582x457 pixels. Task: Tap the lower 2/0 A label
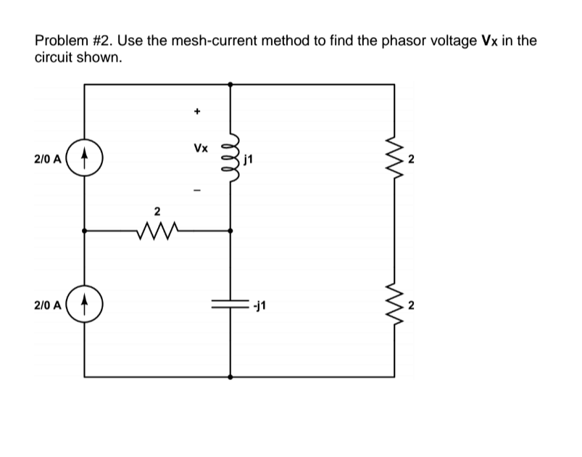(47, 305)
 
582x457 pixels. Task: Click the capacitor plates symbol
(230, 305)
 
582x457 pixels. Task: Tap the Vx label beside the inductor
(201, 148)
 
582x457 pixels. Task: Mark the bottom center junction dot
(230, 377)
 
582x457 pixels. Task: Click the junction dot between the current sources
(84, 231)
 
